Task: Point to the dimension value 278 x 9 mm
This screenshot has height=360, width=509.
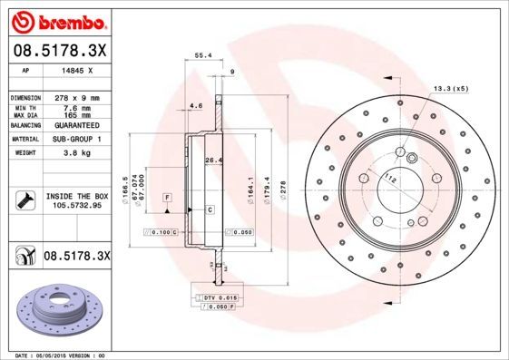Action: coord(77,97)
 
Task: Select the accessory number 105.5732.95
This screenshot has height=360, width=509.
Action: coord(77,206)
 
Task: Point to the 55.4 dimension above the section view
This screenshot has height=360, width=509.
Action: coord(203,55)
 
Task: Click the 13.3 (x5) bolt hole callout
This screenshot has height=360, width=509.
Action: coord(451,88)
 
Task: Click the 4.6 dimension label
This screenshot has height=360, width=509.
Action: coord(196,107)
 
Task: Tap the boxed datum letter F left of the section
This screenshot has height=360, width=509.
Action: coord(167,197)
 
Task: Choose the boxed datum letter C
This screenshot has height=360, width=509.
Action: coord(209,209)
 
